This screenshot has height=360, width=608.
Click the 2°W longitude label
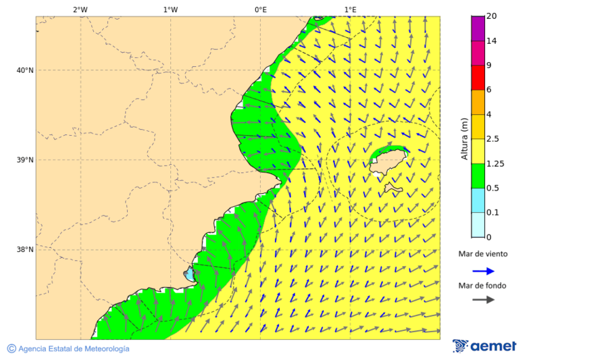(80, 9)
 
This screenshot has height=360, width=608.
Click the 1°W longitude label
(170, 9)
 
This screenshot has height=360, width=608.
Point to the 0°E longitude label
(260, 9)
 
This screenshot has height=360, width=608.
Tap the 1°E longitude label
(350, 9)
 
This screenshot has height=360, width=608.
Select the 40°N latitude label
(25, 70)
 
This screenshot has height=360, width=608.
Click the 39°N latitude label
(25, 160)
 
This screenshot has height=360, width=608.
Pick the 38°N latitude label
(25, 250)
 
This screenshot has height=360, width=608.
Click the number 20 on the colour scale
(492, 16)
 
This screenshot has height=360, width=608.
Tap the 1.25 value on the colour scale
(496, 163)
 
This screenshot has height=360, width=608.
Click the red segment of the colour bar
(478, 78)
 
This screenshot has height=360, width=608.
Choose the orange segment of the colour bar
(478, 102)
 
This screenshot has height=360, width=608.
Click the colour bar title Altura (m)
(464, 138)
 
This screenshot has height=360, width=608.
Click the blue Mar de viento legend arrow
(483, 271)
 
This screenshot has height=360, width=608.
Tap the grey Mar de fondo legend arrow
(483, 300)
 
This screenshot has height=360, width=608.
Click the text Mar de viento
(482, 254)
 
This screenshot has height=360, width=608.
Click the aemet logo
(484, 346)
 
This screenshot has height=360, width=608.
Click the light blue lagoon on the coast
(188, 275)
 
